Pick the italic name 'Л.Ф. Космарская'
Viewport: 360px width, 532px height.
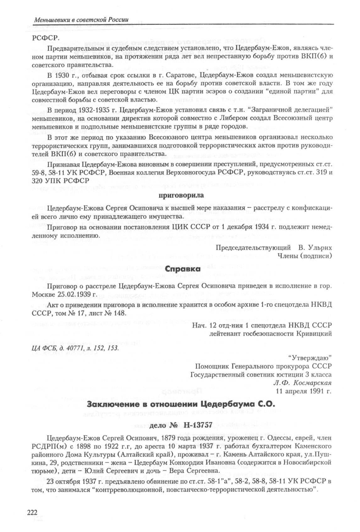[x=303, y=383]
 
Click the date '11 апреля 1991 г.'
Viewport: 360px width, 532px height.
[x=303, y=391]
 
